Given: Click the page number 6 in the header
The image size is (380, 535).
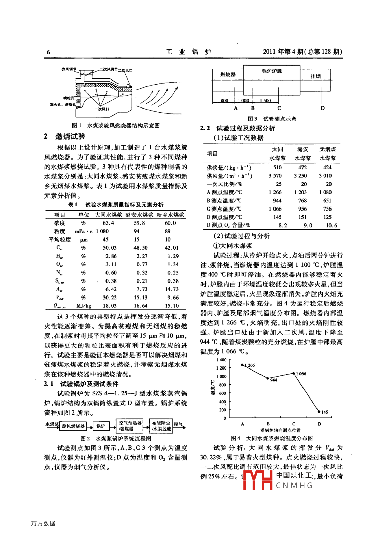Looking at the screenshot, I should (48, 52).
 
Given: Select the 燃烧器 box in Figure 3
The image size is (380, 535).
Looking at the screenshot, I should (228, 75).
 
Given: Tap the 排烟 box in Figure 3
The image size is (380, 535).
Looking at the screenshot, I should (315, 76).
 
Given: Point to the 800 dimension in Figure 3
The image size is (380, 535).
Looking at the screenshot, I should (224, 100).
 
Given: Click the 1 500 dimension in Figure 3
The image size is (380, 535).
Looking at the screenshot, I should (265, 100).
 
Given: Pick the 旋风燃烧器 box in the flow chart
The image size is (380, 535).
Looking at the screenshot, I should (73, 426).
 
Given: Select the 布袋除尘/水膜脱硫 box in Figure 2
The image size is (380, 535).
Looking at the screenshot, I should (161, 426).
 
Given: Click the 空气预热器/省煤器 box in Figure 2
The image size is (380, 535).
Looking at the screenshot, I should (130, 425).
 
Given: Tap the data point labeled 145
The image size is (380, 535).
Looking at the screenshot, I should (319, 411).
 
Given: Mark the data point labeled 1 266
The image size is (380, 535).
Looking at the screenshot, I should (242, 365).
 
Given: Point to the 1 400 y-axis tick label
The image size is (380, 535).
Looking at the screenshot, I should (221, 360).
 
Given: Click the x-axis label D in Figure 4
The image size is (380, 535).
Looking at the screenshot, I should (319, 424).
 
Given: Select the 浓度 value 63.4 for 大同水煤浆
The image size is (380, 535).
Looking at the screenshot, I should (109, 223).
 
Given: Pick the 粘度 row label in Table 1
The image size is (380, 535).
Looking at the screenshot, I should (59, 231).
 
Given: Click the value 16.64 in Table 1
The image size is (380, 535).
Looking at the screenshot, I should (140, 306).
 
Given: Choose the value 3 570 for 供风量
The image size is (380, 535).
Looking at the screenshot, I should (275, 176).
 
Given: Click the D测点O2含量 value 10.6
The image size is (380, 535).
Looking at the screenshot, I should (331, 225).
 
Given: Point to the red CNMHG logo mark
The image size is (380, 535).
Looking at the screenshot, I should (258, 480).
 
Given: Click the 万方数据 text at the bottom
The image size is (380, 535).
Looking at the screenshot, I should (43, 523).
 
